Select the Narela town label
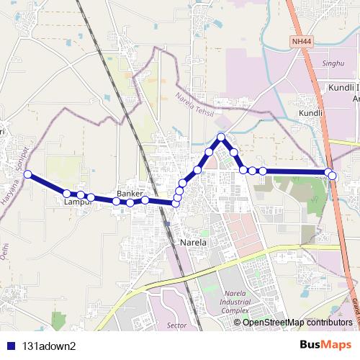(x=194, y=243)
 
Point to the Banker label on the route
(x=130, y=194)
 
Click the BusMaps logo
(x=325, y=345)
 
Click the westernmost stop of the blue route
(x=27, y=174)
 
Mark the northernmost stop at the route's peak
(x=221, y=137)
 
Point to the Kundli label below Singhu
(x=310, y=114)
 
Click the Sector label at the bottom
(x=176, y=325)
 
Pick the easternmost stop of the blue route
(x=333, y=176)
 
